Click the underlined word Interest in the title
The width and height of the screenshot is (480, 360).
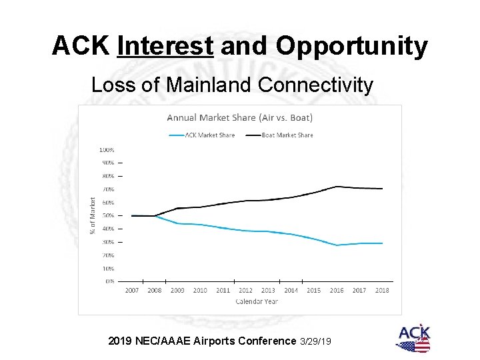coord(165,46)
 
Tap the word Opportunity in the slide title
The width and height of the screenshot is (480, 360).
coord(351,46)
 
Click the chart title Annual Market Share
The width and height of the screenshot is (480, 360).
coord(239,118)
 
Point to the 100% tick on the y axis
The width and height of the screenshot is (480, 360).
coord(107,149)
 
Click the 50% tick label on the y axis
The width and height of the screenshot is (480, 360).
coord(107,215)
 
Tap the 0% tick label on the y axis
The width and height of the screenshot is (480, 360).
coord(109,281)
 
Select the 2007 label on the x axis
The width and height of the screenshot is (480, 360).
coord(132,290)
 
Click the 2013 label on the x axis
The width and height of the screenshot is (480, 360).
coord(268,290)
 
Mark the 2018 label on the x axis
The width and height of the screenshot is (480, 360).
coord(381,290)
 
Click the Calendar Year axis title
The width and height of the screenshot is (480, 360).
coord(257,301)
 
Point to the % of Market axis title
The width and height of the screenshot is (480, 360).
coord(92,215)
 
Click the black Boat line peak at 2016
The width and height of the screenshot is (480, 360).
coord(338,186)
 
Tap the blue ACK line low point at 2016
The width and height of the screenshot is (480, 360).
coord(338,245)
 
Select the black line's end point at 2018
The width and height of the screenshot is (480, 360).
coord(382,189)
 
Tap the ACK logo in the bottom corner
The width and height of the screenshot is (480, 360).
coord(413,338)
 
